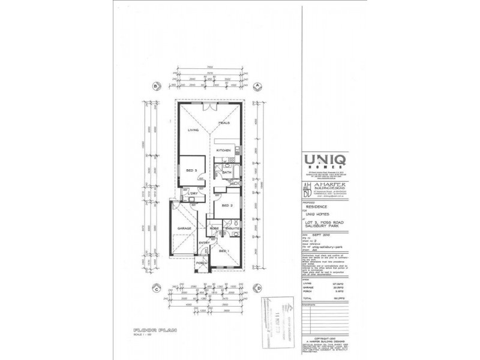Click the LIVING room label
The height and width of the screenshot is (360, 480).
click(x=193, y=129)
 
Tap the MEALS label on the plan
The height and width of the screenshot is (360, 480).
click(x=224, y=123)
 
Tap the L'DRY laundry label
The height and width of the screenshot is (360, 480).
click(x=194, y=194)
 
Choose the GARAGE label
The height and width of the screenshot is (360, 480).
click(x=184, y=229)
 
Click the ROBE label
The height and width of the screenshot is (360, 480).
click(x=214, y=229)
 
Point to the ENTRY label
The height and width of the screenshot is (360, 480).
click(x=204, y=242)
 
